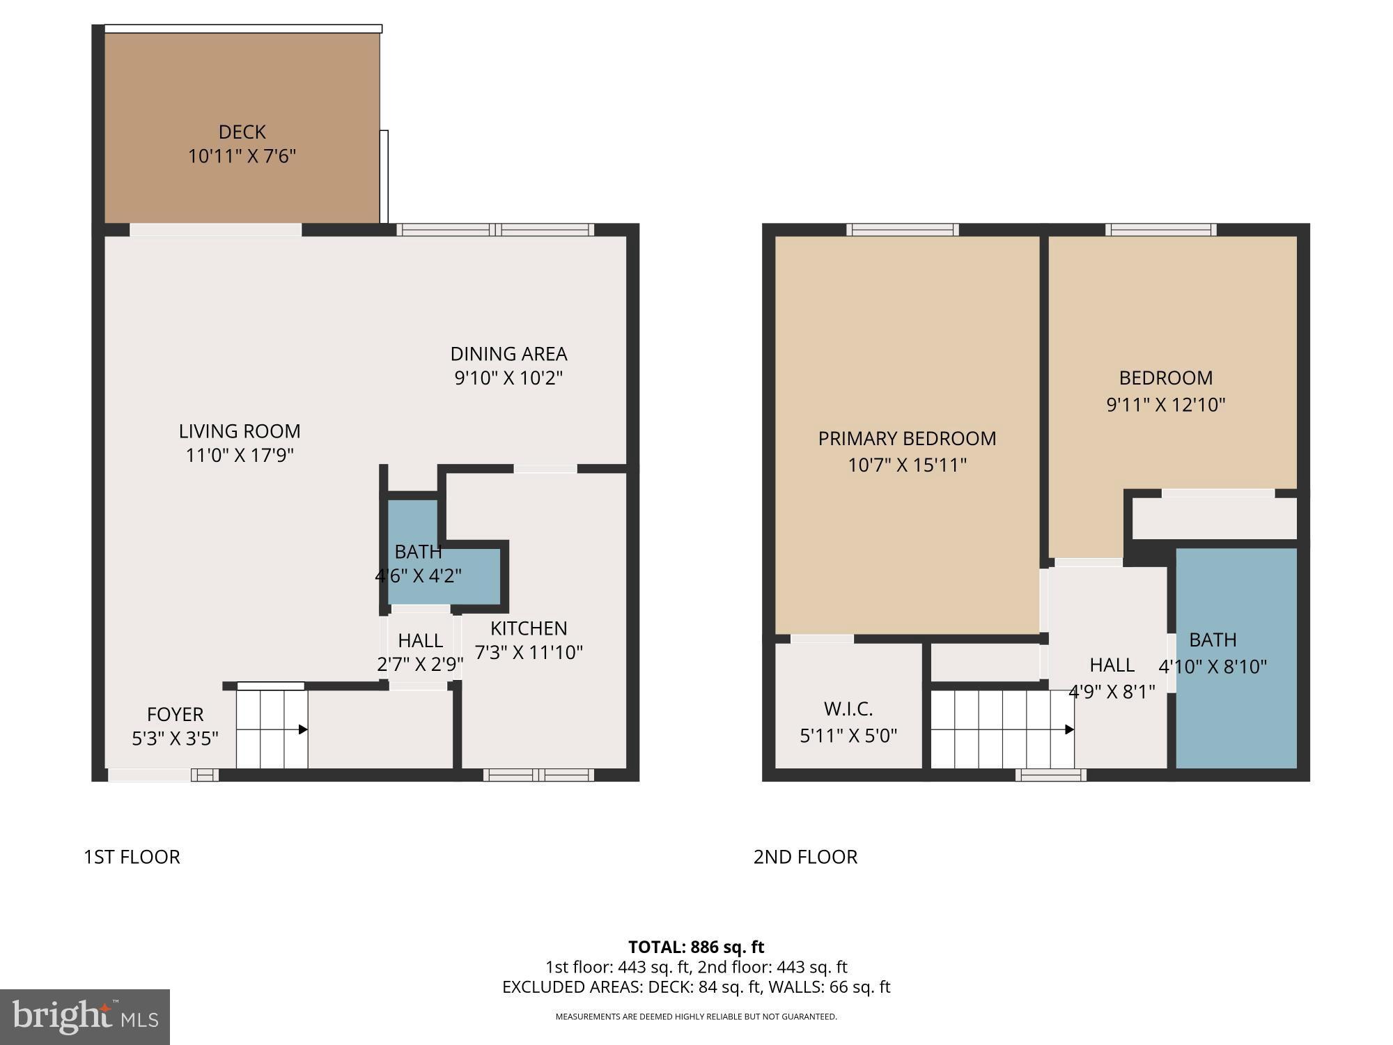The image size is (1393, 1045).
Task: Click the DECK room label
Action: pos(242,132)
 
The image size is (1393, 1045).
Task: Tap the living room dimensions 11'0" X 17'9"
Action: pos(240,456)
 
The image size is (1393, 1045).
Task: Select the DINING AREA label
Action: pos(508,354)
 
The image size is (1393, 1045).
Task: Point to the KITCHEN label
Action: pos(529,628)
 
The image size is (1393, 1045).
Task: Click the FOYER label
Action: pos(175,714)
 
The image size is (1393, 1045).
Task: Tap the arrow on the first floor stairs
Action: pos(303,729)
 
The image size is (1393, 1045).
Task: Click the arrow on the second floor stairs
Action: pos(1069,729)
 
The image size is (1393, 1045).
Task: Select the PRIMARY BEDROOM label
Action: pos(907,438)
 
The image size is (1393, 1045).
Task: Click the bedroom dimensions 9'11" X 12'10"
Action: pos(1165,405)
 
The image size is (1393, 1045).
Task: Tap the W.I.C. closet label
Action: pos(848,709)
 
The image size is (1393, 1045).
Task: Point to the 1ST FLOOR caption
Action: pos(132,857)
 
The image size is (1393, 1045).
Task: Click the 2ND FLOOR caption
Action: pos(805,857)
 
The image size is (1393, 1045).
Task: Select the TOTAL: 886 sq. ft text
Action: pos(696,947)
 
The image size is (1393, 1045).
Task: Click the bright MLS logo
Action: pos(84,1017)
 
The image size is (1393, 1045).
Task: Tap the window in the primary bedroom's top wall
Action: pos(902,229)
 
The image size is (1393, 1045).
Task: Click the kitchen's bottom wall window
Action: pos(538,775)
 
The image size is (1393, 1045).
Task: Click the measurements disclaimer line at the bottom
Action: pos(696,1016)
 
